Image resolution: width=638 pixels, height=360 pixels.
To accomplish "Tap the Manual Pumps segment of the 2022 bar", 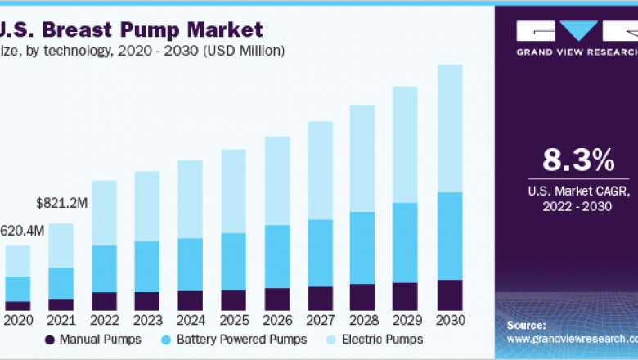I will point(104,302).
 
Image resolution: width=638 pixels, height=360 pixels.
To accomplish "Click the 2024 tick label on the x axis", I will point(190,320).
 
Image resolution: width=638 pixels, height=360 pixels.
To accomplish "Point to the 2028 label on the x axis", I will point(362,320).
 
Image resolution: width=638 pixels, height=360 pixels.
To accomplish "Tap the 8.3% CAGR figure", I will point(578,160).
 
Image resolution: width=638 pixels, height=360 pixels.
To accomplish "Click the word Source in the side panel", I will point(527,325).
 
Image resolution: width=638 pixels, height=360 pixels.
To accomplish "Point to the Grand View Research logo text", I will point(577,52).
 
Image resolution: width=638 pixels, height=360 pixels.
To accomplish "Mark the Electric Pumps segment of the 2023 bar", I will point(147,206).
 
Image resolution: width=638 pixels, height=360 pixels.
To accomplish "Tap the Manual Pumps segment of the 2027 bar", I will point(320,298).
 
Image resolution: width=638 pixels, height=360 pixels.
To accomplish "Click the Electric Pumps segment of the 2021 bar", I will point(61,245).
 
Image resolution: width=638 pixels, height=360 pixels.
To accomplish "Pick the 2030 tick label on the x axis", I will point(450,320).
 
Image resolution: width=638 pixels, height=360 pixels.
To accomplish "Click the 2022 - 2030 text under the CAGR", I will point(578,207).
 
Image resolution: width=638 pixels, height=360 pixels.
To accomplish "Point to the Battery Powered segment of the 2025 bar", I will point(233,261).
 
